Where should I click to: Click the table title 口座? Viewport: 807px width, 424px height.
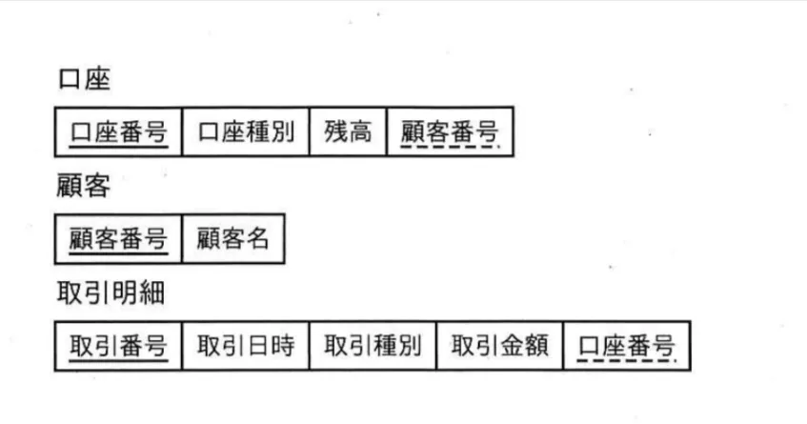click(85, 79)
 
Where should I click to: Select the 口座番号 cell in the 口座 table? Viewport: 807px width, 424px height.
click(118, 131)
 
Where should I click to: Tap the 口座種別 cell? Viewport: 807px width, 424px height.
click(246, 131)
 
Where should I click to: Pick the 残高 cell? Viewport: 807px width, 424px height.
click(348, 131)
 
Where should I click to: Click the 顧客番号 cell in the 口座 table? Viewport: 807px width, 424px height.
click(450, 131)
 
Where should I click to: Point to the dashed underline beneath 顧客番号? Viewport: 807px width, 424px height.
click(450, 147)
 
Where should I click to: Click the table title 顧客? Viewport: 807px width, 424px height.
click(84, 186)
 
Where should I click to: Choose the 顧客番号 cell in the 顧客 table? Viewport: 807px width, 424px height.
click(118, 239)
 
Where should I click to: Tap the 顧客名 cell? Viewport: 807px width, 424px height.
click(233, 239)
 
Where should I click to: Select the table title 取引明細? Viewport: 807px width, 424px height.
click(111, 293)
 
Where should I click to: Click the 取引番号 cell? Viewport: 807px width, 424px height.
click(118, 346)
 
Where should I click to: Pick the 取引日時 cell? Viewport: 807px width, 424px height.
click(246, 346)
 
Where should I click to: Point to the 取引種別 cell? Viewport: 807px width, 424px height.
click(373, 346)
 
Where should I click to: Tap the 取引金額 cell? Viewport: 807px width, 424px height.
click(500, 346)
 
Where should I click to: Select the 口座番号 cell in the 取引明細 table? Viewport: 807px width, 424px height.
click(627, 346)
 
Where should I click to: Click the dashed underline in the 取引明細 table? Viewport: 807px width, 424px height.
click(627, 360)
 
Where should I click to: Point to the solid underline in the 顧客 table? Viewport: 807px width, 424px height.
click(119, 253)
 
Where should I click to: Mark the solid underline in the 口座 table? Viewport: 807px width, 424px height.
click(119, 147)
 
